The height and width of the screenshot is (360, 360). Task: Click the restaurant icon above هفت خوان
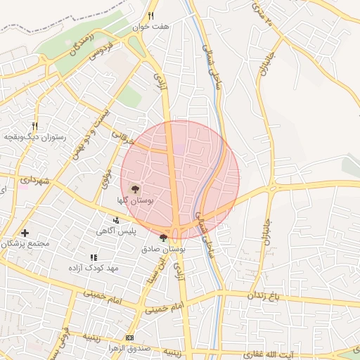[x=150, y=15]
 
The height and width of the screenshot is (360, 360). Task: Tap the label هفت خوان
[x=155, y=27]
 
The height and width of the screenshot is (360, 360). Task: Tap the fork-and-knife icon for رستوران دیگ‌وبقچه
[x=34, y=126]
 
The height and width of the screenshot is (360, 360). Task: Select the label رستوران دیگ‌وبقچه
[x=35, y=137]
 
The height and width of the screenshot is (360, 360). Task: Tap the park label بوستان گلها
[x=136, y=200]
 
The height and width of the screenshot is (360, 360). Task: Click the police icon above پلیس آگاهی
[x=116, y=220]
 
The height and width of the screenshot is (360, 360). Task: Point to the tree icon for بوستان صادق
[x=164, y=238]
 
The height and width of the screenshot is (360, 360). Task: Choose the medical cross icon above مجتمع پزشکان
[x=25, y=233]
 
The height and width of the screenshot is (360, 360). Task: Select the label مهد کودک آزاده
[x=94, y=269]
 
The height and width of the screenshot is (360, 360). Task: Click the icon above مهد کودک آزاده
[x=94, y=257]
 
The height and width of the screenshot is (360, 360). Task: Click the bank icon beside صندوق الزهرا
[x=129, y=337]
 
